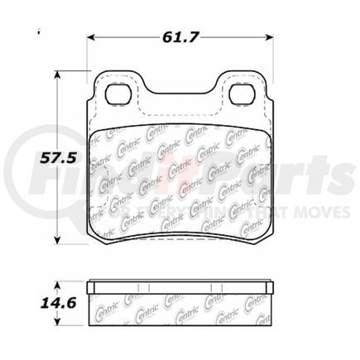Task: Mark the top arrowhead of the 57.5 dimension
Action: pyautogui.click(x=57, y=75)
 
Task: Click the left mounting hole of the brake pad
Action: pyautogui.click(x=115, y=94)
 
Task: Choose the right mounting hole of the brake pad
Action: pyautogui.click(x=242, y=94)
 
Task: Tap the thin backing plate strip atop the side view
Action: pyautogui.click(x=179, y=286)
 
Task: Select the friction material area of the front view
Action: pyautogui.click(x=179, y=178)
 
